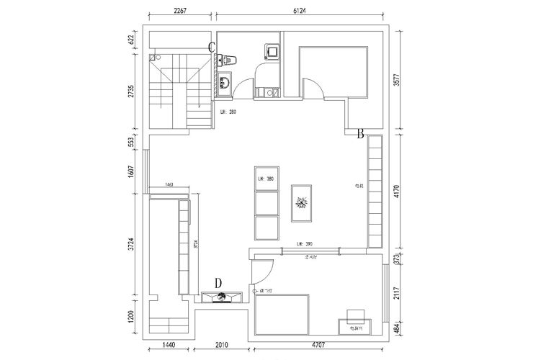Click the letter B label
(x=359, y=132)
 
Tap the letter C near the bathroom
(x=212, y=47)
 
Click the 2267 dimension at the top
(x=181, y=10)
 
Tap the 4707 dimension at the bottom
(x=316, y=346)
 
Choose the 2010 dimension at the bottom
(x=223, y=346)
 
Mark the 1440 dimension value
(x=169, y=346)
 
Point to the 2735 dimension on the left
(x=132, y=91)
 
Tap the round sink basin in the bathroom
(x=224, y=82)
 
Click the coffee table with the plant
(x=301, y=203)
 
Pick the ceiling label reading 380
(x=266, y=179)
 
